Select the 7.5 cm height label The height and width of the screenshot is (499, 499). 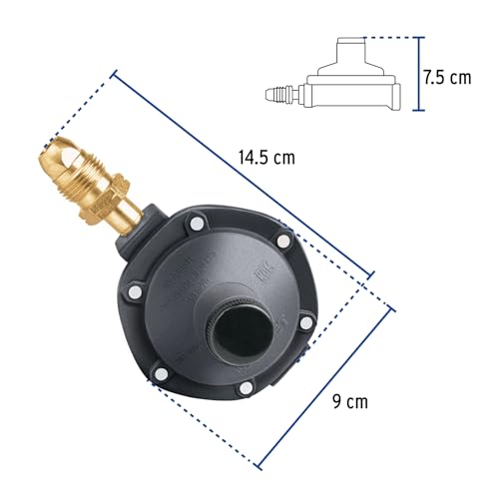tap(445, 77)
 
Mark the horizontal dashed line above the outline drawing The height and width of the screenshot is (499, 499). tap(384, 38)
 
